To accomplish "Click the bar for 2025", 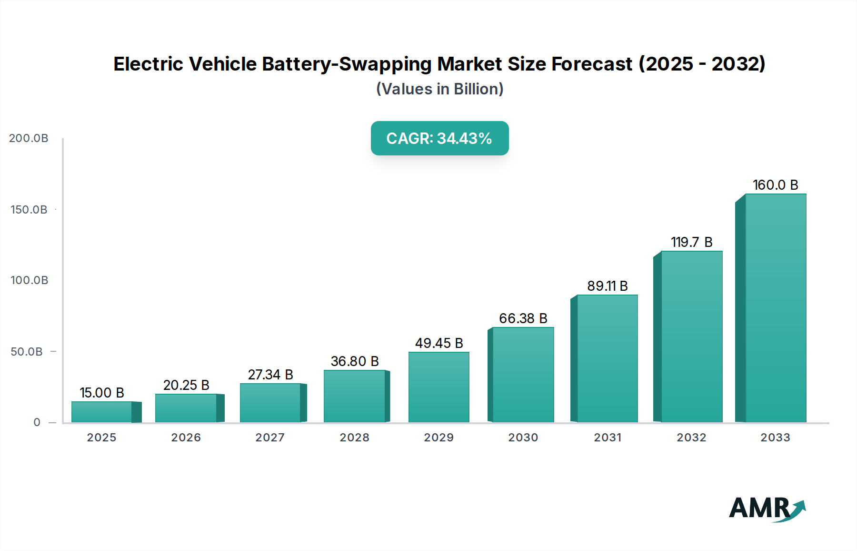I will (x=102, y=412).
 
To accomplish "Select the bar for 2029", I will (x=439, y=387).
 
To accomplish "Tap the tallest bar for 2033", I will (x=776, y=308).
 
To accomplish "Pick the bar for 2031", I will (x=607, y=358).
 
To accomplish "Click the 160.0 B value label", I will (x=775, y=185).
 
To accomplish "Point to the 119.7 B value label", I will (x=691, y=242).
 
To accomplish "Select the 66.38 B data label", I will (x=523, y=318).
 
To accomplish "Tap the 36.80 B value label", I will (x=355, y=361).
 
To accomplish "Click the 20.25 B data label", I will (x=186, y=385).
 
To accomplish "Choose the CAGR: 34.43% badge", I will (x=439, y=138).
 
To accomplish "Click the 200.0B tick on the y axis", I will (x=29, y=138).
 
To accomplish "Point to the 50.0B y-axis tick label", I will (x=27, y=352).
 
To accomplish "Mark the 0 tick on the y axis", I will (x=37, y=422).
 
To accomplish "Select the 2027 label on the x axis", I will (x=270, y=438).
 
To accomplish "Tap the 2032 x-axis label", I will (x=691, y=438).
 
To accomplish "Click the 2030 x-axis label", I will (x=523, y=438).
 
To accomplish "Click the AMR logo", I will (x=767, y=509).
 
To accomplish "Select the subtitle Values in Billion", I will (x=439, y=89).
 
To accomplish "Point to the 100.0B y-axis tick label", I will (x=29, y=280).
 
